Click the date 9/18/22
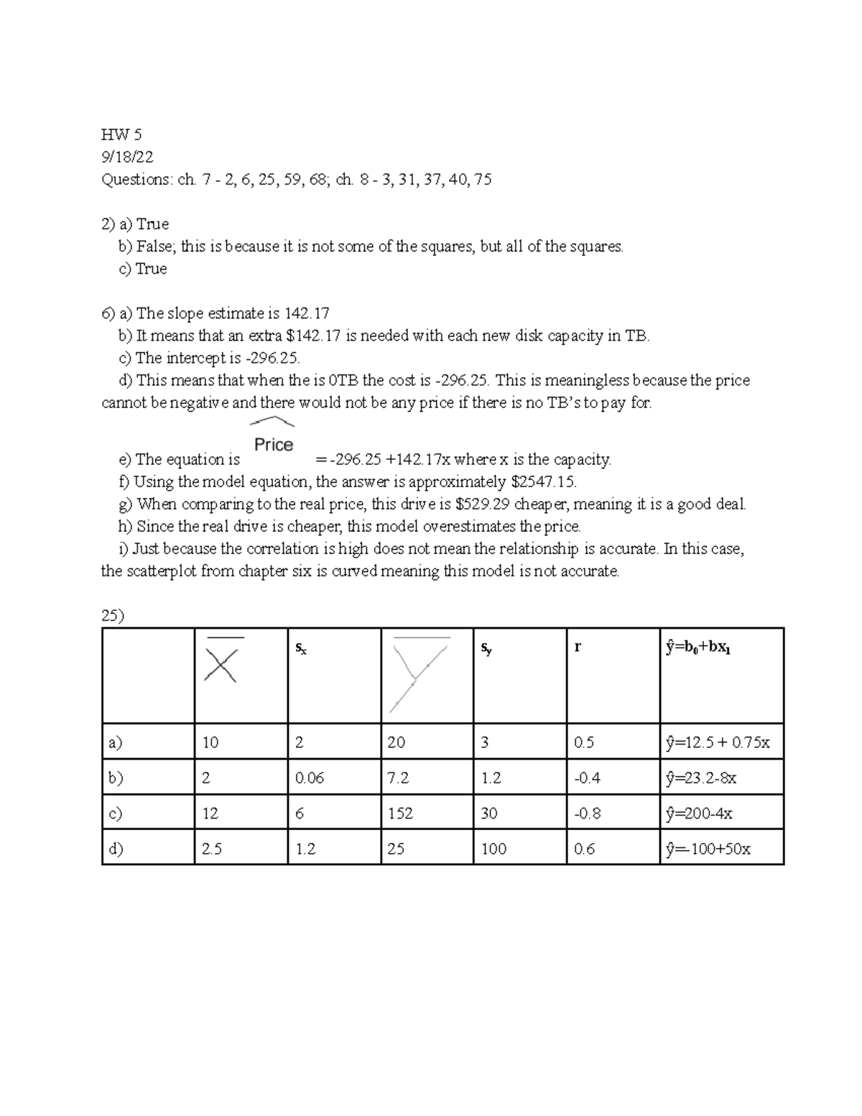[127, 157]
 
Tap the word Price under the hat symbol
[274, 445]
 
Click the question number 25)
[113, 616]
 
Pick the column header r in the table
[578, 647]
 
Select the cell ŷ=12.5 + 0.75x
[718, 742]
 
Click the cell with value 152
[400, 813]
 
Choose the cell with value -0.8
[588, 813]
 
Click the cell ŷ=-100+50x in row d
[708, 849]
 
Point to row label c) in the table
[115, 813]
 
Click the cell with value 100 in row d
[493, 849]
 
